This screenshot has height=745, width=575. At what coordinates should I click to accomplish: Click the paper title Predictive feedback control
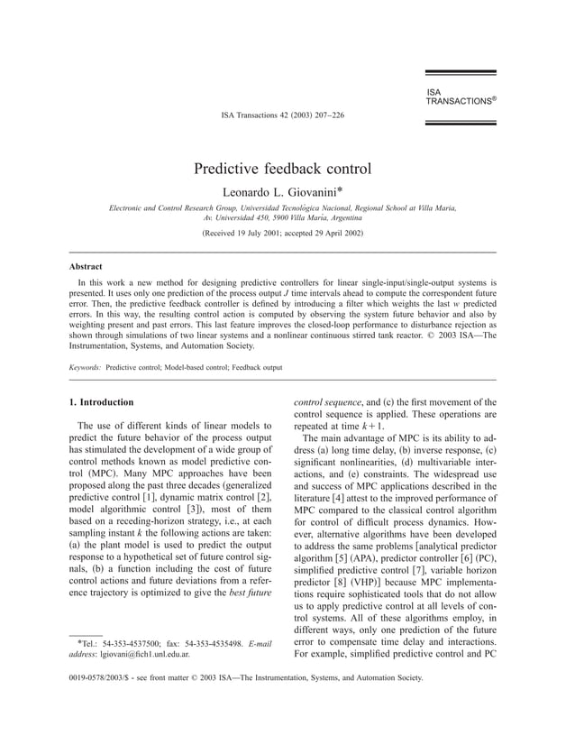(x=282, y=169)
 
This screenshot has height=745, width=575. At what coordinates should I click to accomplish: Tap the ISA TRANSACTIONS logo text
(x=460, y=97)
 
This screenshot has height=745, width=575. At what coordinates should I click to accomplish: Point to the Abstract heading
(x=86, y=267)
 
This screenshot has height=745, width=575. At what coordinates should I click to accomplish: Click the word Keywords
(x=85, y=368)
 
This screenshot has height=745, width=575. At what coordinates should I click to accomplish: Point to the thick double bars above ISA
(x=460, y=76)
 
